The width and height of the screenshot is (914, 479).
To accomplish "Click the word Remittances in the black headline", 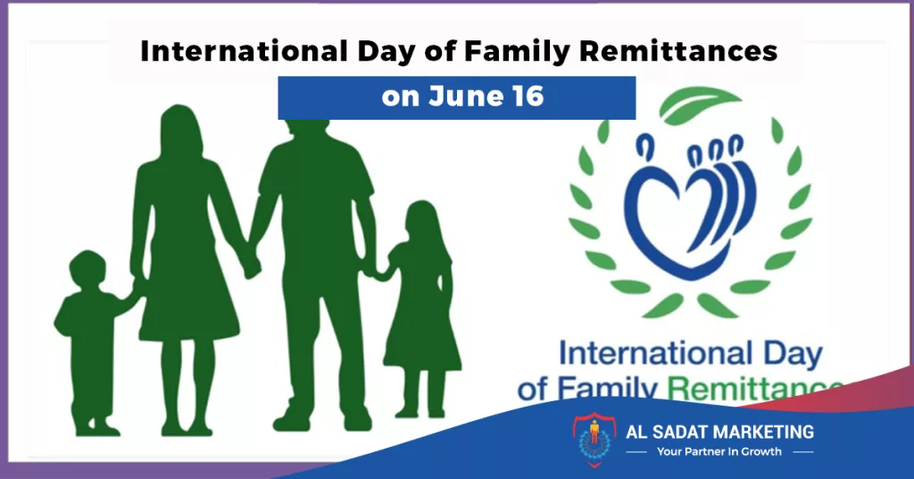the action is pos(678,51).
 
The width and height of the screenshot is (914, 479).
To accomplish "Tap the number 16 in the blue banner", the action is pos(528,97).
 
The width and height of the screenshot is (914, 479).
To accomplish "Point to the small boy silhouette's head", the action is pos(87,269).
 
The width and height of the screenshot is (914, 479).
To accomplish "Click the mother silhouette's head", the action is pos(180,131).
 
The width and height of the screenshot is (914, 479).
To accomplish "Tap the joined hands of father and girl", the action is pos(378,272).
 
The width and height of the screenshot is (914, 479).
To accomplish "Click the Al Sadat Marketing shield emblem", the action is pos(594,440).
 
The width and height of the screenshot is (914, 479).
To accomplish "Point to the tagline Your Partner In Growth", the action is pos(719,451).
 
